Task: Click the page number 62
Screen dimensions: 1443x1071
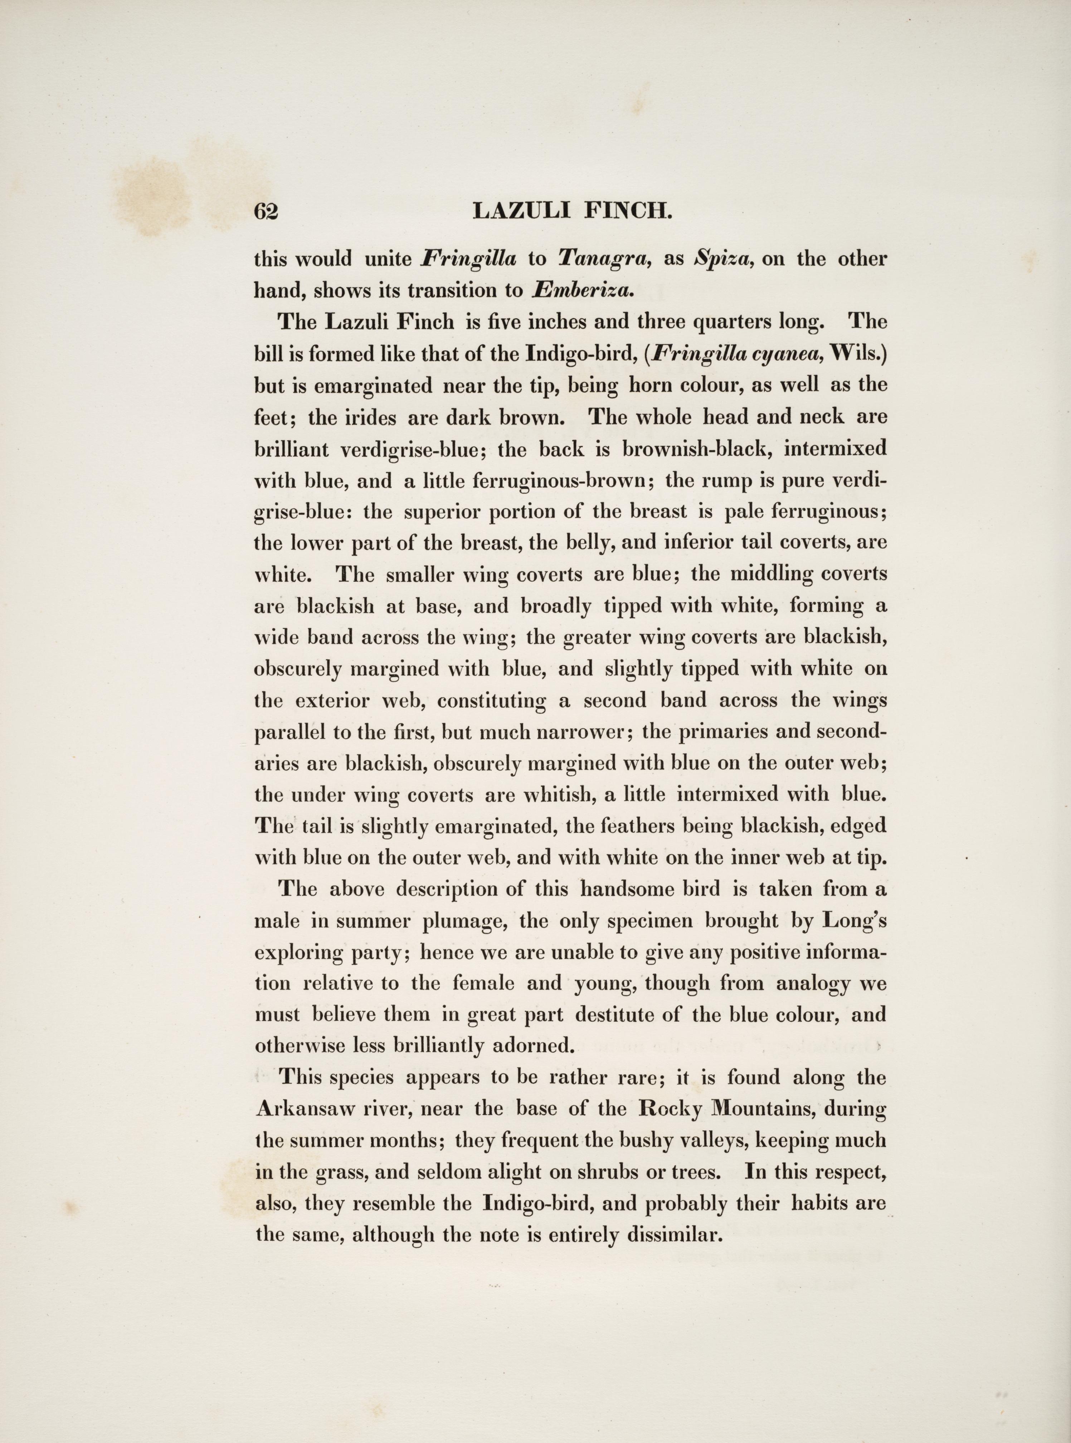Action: (266, 212)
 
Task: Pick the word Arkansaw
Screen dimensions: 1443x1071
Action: (304, 1109)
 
